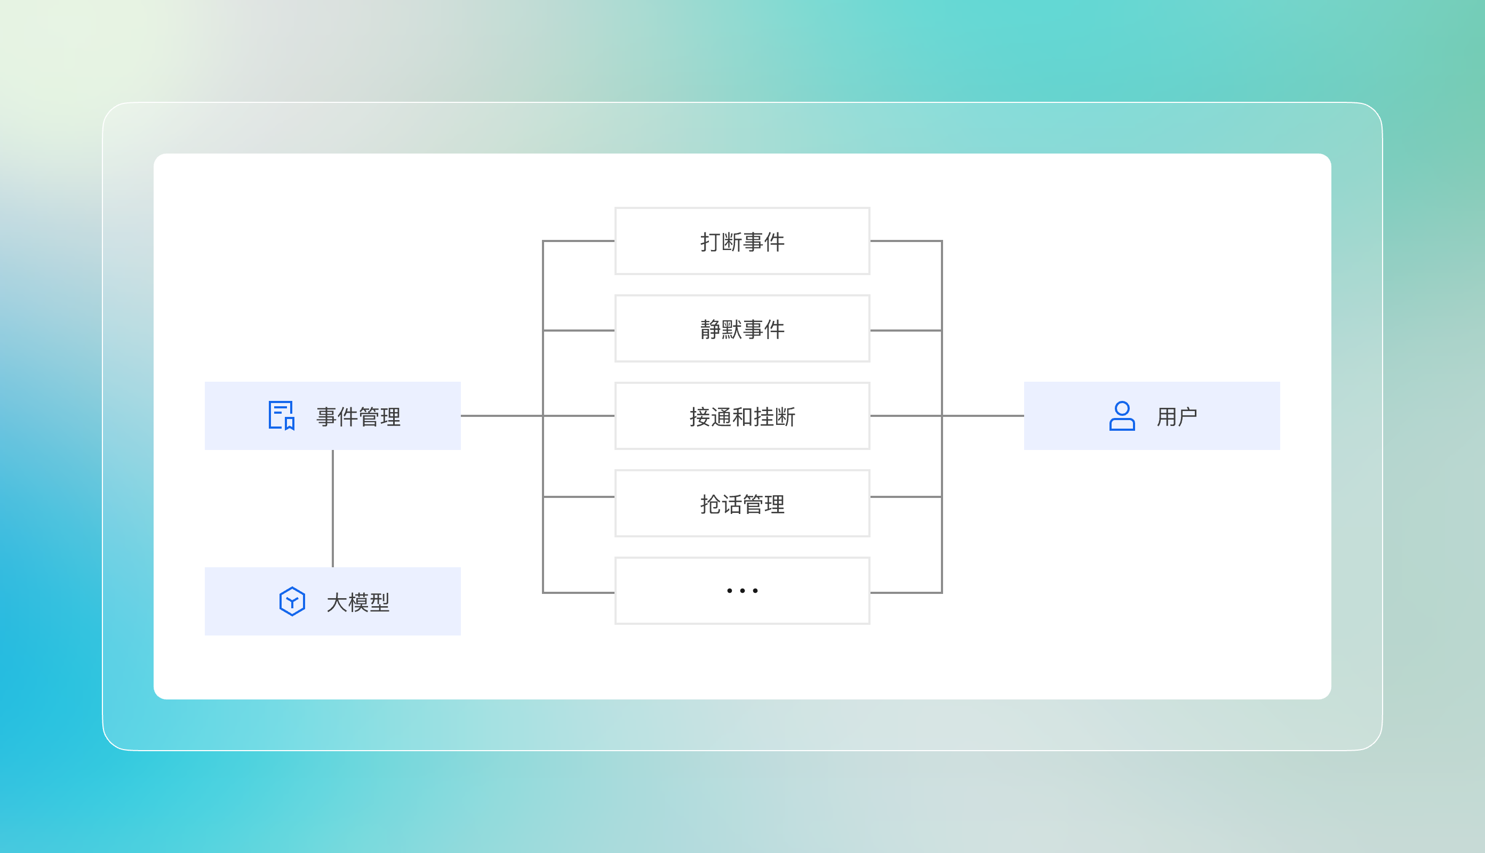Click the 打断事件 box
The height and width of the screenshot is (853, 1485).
(x=742, y=241)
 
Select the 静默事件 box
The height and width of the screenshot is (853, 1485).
(x=742, y=328)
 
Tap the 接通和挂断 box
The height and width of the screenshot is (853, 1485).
(x=742, y=416)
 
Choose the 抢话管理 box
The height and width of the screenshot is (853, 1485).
(x=742, y=503)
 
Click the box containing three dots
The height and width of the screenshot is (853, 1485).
(x=742, y=591)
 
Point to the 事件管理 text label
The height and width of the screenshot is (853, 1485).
(x=358, y=416)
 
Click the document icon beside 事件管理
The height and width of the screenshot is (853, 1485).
(x=281, y=415)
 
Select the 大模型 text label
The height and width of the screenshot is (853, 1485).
(x=357, y=602)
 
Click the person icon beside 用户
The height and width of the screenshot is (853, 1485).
(x=1122, y=416)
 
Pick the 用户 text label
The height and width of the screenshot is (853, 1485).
(x=1177, y=416)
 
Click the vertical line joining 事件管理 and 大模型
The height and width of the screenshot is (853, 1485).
(x=333, y=509)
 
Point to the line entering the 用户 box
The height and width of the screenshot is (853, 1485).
(x=983, y=416)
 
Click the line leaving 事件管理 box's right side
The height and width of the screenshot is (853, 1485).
(x=501, y=416)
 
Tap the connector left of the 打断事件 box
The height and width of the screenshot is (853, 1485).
(x=578, y=241)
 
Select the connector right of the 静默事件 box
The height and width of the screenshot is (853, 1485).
(x=906, y=331)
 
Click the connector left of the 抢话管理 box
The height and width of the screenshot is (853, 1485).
(x=578, y=497)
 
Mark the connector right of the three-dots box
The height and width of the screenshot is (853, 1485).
(x=906, y=593)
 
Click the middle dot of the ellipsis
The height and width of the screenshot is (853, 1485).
(x=743, y=591)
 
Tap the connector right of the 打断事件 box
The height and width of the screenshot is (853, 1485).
(x=906, y=241)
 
